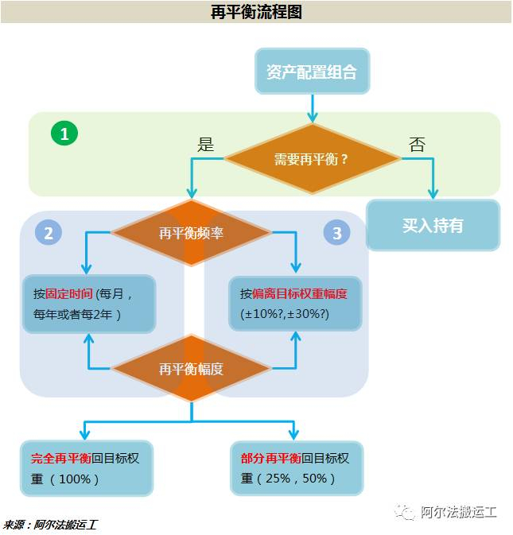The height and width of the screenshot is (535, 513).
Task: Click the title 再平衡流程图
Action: click(x=256, y=12)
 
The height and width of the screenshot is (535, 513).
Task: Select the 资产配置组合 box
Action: click(x=312, y=72)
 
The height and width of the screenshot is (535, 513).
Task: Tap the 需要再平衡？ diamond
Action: click(x=312, y=158)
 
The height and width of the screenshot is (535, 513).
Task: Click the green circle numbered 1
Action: click(x=64, y=134)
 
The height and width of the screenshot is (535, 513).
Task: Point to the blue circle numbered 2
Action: click(x=49, y=233)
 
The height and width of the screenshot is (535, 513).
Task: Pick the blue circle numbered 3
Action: click(x=337, y=233)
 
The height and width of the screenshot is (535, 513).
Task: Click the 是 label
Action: click(x=206, y=144)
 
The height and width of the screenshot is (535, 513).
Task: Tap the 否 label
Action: click(x=417, y=144)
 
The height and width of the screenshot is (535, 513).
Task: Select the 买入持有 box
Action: click(x=433, y=226)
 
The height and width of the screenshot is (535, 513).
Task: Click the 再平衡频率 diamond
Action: click(x=191, y=233)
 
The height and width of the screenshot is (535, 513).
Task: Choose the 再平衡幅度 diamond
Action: click(x=191, y=369)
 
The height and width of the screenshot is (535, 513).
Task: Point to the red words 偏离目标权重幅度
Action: click(x=300, y=293)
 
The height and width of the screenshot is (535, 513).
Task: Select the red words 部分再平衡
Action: click(x=271, y=459)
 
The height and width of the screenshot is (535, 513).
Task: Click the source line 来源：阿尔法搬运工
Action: click(x=52, y=525)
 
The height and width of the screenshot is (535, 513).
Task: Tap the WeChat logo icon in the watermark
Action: click(x=406, y=511)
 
